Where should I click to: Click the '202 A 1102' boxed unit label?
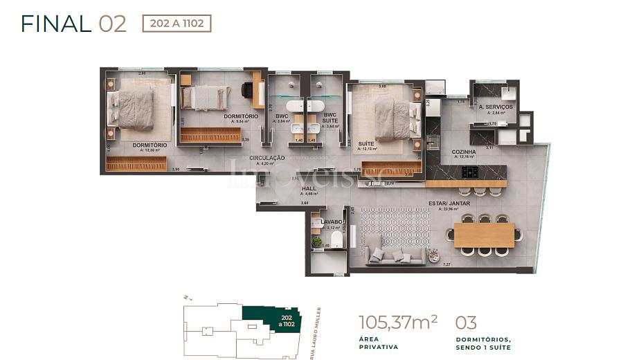[x=177, y=24]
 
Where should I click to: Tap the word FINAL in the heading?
[x=56, y=24]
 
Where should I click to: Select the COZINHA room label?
[x=464, y=151]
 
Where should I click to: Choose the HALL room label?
[x=308, y=188]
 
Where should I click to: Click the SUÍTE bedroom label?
[x=366, y=143]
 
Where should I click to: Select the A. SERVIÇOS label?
[x=495, y=107]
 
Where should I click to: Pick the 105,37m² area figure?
[x=398, y=323]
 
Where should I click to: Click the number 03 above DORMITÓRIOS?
[x=467, y=323]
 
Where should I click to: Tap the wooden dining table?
[x=484, y=235]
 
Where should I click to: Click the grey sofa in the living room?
[x=395, y=253]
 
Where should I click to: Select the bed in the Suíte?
[x=391, y=118]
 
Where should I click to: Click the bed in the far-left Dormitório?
[x=136, y=109]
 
